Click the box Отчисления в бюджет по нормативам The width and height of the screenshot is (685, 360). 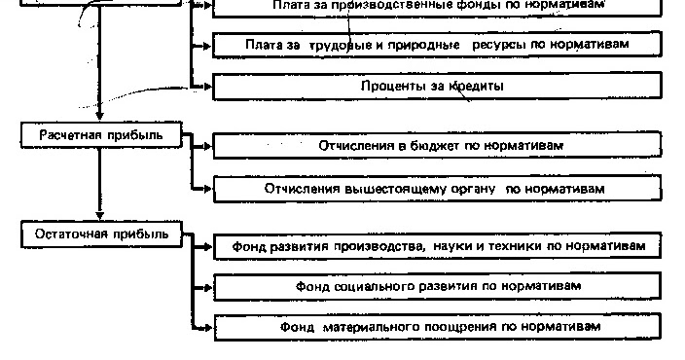coord(438,146)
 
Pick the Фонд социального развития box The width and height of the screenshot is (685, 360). coord(438,287)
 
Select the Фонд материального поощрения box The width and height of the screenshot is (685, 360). coord(438,327)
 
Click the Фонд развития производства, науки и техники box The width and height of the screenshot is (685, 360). coord(438,247)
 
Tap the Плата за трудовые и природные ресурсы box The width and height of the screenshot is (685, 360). coord(438,45)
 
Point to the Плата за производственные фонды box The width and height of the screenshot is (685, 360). coord(438,6)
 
